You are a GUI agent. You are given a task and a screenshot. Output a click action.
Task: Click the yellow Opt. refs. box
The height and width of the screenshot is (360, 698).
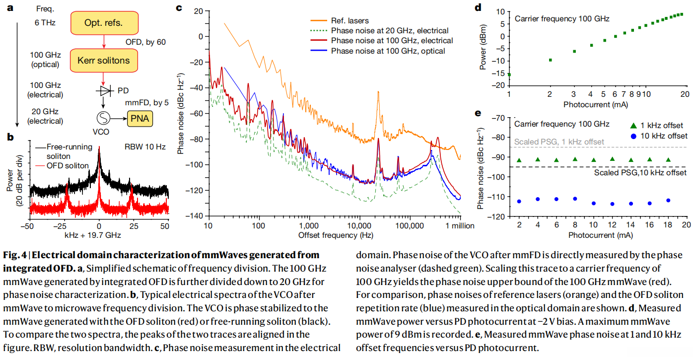pyautogui.click(x=103, y=23)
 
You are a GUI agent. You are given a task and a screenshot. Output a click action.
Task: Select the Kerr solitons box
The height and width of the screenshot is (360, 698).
pyautogui.click(x=103, y=61)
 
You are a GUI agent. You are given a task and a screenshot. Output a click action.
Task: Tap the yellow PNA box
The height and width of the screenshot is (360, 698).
pyautogui.click(x=140, y=119)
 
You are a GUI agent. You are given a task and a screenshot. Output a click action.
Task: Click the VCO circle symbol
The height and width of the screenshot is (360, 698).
pyautogui.click(x=103, y=119)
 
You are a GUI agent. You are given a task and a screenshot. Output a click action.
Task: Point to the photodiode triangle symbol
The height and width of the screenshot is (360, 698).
pyautogui.click(x=104, y=91)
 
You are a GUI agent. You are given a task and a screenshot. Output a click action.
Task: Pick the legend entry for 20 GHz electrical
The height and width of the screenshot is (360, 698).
pyautogui.click(x=389, y=31)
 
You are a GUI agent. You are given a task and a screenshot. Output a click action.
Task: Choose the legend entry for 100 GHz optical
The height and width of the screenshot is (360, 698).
pyautogui.click(x=388, y=51)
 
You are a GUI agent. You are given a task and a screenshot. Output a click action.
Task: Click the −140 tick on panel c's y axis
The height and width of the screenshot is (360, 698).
pyautogui.click(x=196, y=216)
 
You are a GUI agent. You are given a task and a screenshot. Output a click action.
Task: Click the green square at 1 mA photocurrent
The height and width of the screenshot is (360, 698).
pyautogui.click(x=509, y=74)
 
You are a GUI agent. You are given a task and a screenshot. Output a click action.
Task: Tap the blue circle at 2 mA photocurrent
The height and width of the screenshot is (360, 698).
pyautogui.click(x=519, y=201)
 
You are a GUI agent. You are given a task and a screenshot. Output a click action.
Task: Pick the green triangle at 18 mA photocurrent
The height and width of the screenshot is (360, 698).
pyautogui.click(x=668, y=160)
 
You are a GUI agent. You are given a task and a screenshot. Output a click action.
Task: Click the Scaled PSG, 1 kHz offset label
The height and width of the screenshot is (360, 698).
pyautogui.click(x=559, y=142)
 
